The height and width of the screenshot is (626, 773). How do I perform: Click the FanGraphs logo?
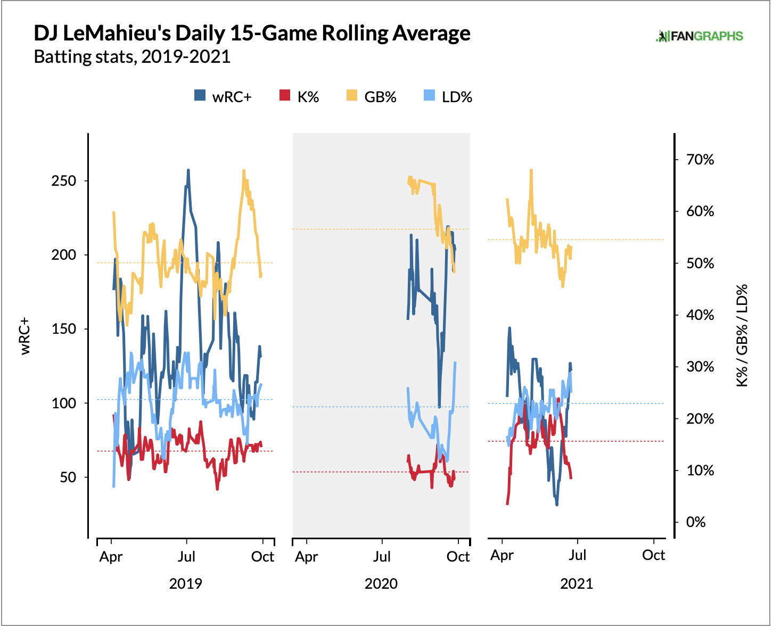point(699,36)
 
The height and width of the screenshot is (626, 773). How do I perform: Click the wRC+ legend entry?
point(223,97)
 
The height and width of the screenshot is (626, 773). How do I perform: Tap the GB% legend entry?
point(372,97)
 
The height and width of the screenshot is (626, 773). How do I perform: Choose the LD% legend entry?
point(448,97)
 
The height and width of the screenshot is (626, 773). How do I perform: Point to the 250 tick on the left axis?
point(64,181)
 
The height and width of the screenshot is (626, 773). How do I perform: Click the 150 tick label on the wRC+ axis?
point(64,329)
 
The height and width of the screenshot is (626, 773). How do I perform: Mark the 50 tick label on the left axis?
point(68,477)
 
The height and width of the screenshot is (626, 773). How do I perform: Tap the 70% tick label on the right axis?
point(700,160)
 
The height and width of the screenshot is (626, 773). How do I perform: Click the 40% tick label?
point(700,315)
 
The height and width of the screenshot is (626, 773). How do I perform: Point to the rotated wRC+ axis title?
point(24,336)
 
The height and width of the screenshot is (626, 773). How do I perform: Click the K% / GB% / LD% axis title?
point(742,335)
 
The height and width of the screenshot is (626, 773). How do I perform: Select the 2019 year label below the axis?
point(185,584)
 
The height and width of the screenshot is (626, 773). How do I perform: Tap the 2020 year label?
point(381,584)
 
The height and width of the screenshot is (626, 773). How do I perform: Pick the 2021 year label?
point(577,584)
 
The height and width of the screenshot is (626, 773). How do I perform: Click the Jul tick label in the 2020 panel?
point(382,557)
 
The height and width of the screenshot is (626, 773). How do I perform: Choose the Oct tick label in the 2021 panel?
point(653,555)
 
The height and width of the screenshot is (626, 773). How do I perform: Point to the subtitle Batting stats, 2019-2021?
point(132,56)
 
